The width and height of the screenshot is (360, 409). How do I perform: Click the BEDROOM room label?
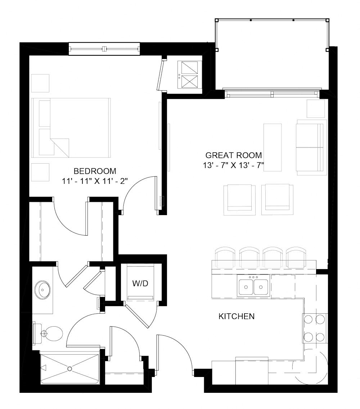pos(95,171)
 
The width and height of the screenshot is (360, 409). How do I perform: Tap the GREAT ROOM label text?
pos(233,155)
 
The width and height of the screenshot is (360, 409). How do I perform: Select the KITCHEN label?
pos(237,317)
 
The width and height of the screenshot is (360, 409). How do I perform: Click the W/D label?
pos(140,283)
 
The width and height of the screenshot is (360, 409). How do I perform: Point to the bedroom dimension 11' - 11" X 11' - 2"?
pos(94,181)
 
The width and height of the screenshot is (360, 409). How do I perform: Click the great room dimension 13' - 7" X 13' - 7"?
pos(233,166)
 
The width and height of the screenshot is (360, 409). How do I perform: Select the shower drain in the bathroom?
pos(70,369)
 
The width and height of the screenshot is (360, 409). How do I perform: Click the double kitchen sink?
pos(253,287)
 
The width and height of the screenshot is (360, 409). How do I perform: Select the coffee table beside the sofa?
pos(273,147)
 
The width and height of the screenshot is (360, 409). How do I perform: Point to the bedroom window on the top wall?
pos(104,49)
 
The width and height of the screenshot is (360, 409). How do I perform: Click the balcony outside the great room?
pos(272,54)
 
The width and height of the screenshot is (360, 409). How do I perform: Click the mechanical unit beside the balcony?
pos(189,75)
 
